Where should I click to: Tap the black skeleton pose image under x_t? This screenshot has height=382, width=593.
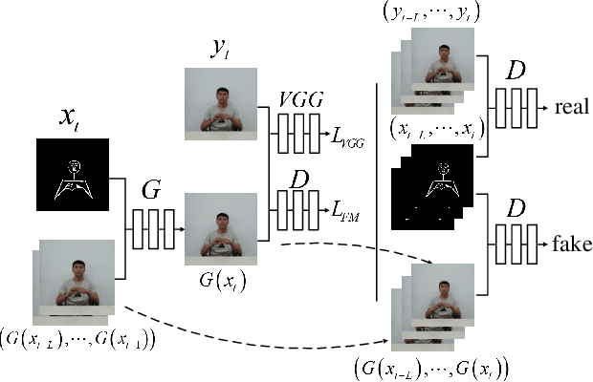pyautogui.click(x=73, y=175)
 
